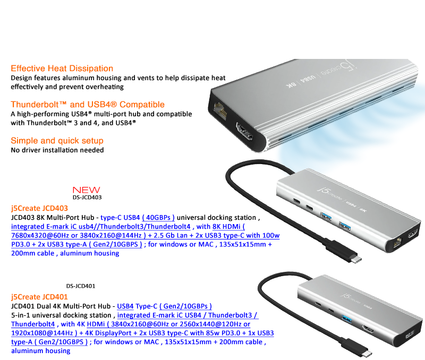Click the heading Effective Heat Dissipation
pos(62,68)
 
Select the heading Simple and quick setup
pos(57,141)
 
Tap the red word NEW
pos(87,190)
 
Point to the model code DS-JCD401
pos(81,286)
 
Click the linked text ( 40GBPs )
pos(158,218)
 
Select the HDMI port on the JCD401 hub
pos(367,329)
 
